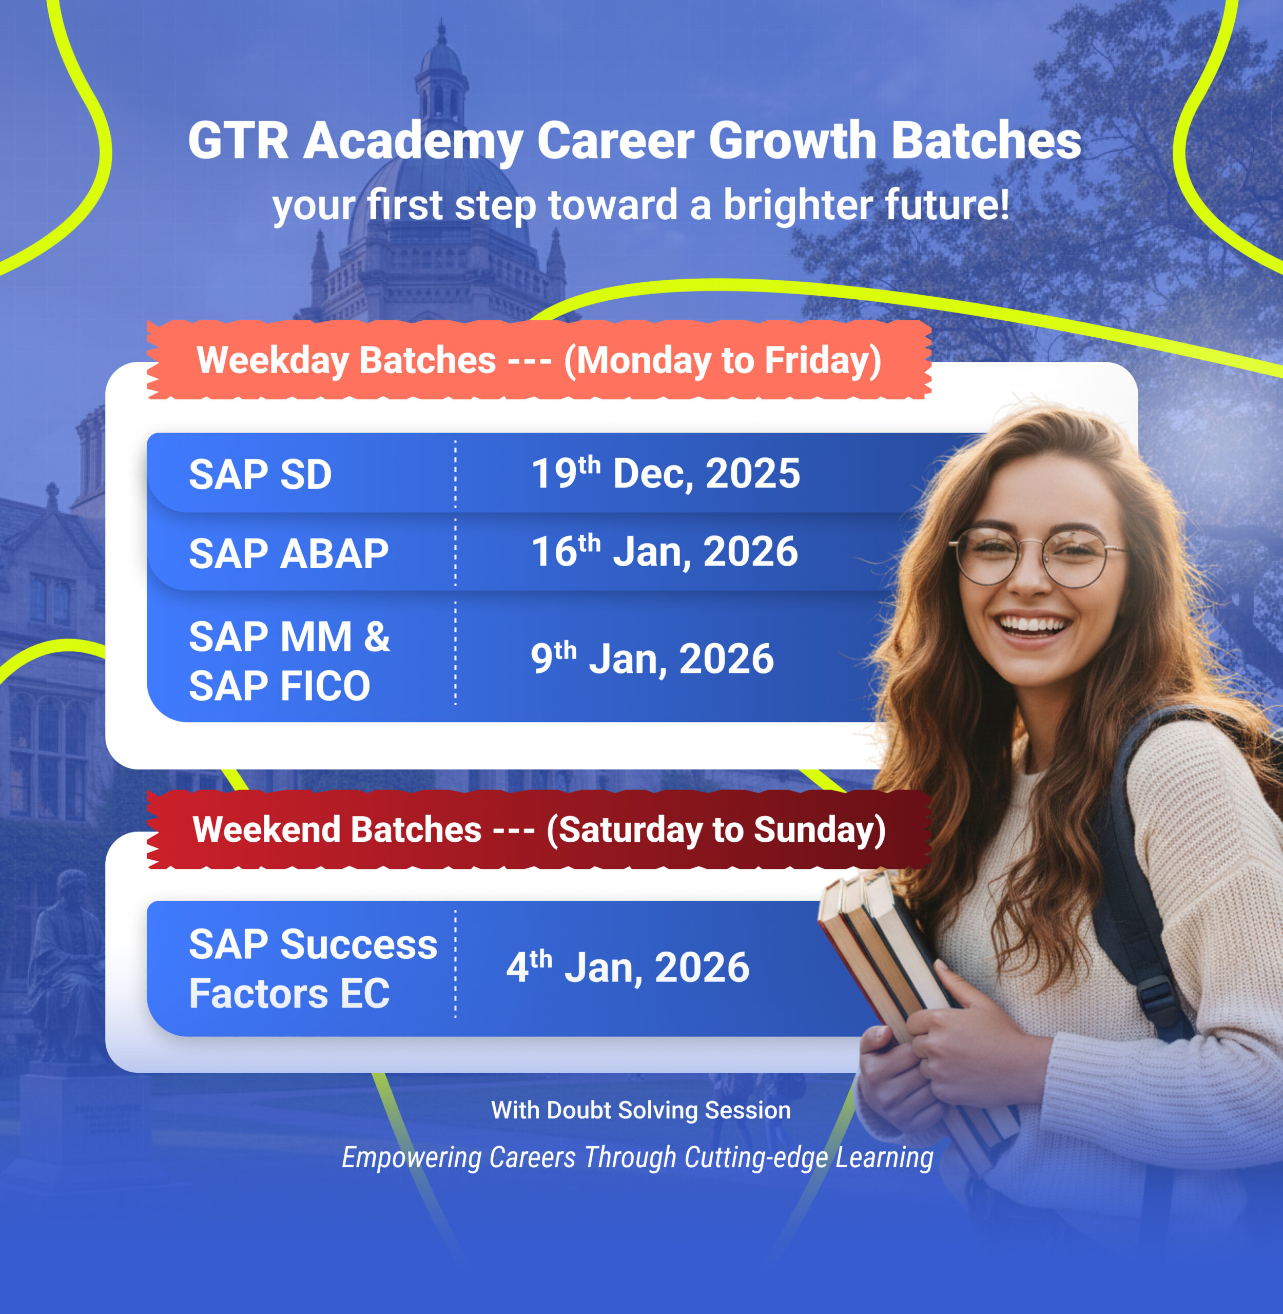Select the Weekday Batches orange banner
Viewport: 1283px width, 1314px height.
point(539,360)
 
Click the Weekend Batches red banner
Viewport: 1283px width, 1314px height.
point(539,829)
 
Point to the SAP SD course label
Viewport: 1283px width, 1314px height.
point(260,474)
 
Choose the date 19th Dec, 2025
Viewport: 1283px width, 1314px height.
point(666,473)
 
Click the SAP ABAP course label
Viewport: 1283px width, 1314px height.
point(288,554)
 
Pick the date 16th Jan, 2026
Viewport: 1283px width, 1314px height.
point(665,551)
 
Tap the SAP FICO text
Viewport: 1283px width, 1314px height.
point(280,686)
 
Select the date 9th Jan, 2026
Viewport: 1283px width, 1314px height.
point(652,659)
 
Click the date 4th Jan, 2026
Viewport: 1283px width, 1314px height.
point(628,967)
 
